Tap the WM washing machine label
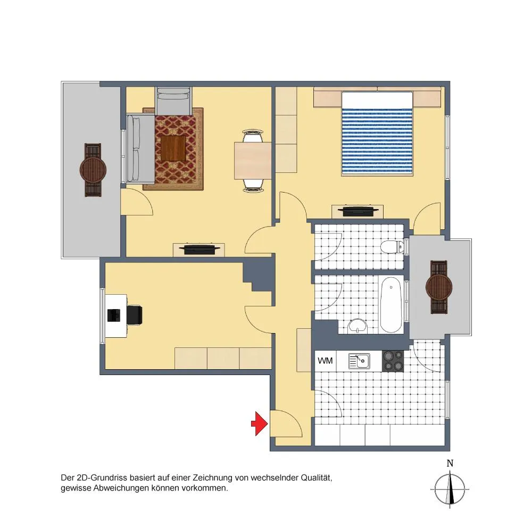[325, 361]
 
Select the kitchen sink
[359, 361]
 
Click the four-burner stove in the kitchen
[393, 361]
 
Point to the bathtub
[391, 305]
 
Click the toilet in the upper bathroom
[393, 247]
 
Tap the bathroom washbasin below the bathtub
[358, 327]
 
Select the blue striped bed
[377, 134]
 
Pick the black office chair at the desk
[135, 315]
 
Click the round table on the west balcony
[93, 170]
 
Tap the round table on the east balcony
[439, 287]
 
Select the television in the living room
[198, 249]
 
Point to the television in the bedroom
[358, 211]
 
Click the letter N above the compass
[450, 463]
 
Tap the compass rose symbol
[450, 489]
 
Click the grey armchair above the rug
[173, 101]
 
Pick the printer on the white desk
[114, 315]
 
